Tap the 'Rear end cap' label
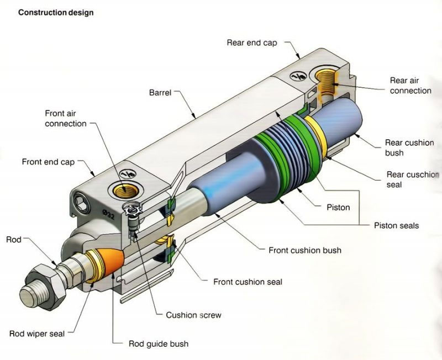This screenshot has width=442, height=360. pos(251,43)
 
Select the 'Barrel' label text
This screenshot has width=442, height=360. pos(162,92)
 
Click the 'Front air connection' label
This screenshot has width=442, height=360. pos(66,118)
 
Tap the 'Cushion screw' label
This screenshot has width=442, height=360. pos(193,315)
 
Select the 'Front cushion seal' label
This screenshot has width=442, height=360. pos(248,282)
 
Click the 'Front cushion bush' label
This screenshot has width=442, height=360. pos(304,250)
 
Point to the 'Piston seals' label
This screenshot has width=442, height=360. pos(396,225)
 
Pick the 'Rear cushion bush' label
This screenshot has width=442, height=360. pos(409,147)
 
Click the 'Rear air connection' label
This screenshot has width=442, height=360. pos(411,85)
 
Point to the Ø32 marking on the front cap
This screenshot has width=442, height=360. pos(109,211)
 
